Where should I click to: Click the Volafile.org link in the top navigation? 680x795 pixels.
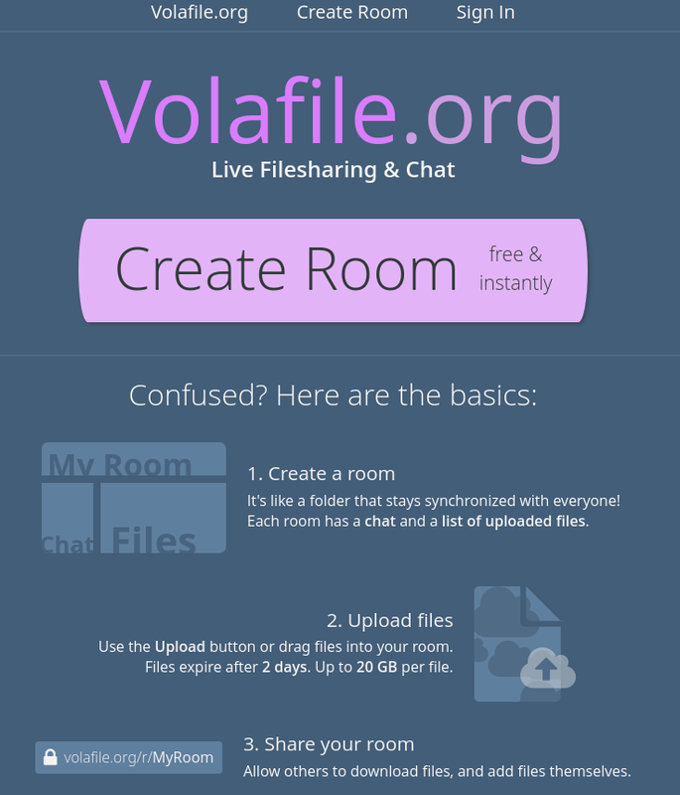point(200,13)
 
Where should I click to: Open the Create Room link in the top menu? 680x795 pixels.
point(352,13)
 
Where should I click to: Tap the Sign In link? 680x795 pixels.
point(485,13)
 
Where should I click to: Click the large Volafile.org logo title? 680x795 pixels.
point(332,111)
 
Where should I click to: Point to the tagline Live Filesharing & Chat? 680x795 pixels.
point(333,170)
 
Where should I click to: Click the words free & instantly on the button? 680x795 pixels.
point(515,269)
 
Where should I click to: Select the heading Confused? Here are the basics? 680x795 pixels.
point(333,396)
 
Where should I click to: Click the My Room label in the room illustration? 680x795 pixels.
point(120,463)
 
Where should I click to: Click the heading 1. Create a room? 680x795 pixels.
point(321,474)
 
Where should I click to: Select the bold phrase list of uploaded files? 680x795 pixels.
point(514,521)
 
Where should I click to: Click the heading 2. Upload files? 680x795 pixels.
point(389,621)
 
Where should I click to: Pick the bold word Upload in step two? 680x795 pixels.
point(180,647)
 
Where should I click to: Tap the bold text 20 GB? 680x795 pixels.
point(377,667)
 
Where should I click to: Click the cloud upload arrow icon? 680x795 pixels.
point(547,668)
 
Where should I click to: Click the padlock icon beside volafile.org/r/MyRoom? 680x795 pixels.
point(51,758)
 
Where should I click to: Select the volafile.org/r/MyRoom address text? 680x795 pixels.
point(139,758)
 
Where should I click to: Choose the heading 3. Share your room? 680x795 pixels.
point(329,744)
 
